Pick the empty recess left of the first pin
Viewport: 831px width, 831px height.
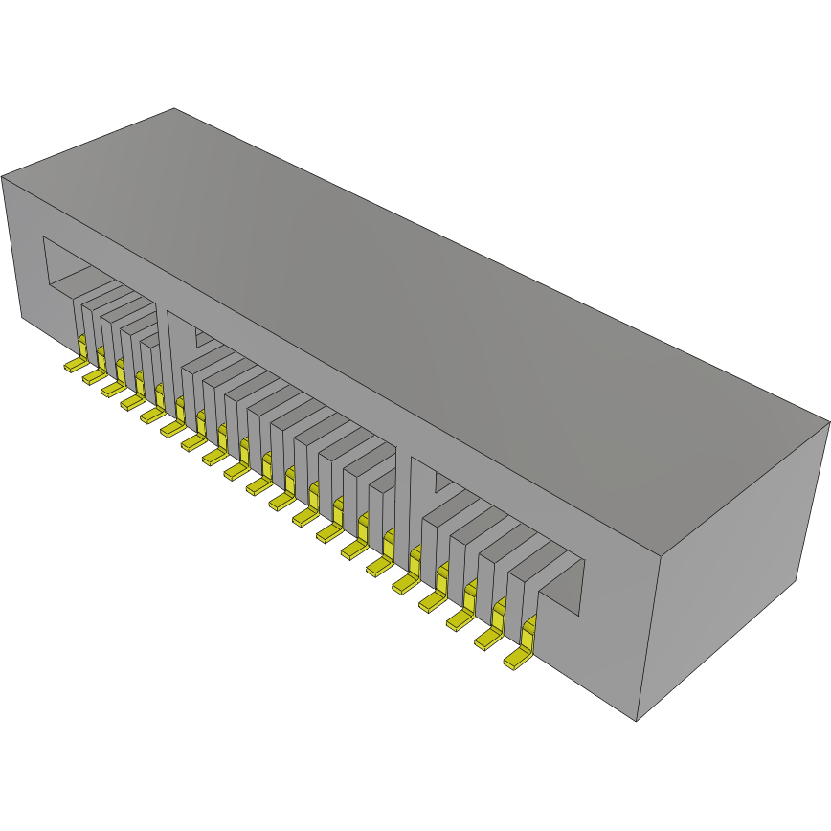click(x=59, y=268)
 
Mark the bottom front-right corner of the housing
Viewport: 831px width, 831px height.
click(x=637, y=721)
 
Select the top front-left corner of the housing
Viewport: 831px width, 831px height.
click(x=3, y=177)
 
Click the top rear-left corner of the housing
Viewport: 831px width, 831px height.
click(x=173, y=108)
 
